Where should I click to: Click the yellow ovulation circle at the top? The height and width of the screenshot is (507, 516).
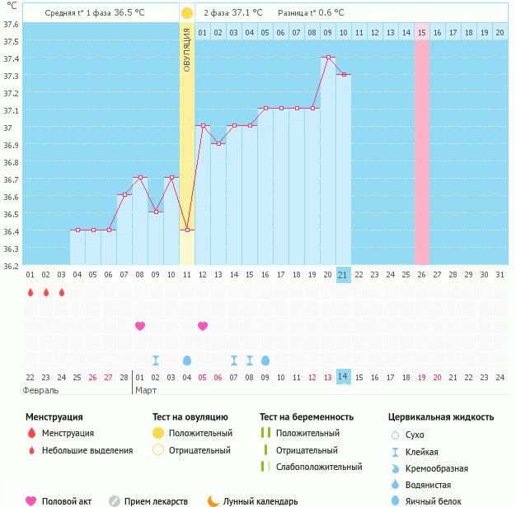pyautogui.click(x=186, y=13)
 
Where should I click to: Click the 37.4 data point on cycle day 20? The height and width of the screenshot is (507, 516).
pyautogui.click(x=328, y=58)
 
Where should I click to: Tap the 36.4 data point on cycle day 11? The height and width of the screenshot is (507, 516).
pyautogui.click(x=186, y=230)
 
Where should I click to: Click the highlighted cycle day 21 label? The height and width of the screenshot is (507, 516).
pyautogui.click(x=344, y=275)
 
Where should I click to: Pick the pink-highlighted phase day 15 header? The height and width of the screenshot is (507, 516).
pyautogui.click(x=421, y=32)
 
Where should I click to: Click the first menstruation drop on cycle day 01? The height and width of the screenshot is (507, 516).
pyautogui.click(x=30, y=292)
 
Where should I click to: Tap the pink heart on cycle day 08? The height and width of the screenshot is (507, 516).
pyautogui.click(x=140, y=326)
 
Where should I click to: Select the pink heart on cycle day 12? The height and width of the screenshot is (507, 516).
pyautogui.click(x=203, y=326)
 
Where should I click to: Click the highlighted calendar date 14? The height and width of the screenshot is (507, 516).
pyautogui.click(x=344, y=376)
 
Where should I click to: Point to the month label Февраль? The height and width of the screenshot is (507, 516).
pyautogui.click(x=40, y=389)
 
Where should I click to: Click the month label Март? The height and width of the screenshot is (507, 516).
pyautogui.click(x=146, y=389)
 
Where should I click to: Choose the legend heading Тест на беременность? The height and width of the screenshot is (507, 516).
pyautogui.click(x=307, y=417)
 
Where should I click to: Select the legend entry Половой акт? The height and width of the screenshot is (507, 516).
pyautogui.click(x=66, y=501)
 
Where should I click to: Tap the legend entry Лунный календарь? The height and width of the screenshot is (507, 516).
pyautogui.click(x=263, y=501)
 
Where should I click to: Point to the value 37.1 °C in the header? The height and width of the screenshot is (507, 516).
pyautogui.click(x=246, y=13)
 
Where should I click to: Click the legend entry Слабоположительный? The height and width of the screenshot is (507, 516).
pyautogui.click(x=319, y=467)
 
